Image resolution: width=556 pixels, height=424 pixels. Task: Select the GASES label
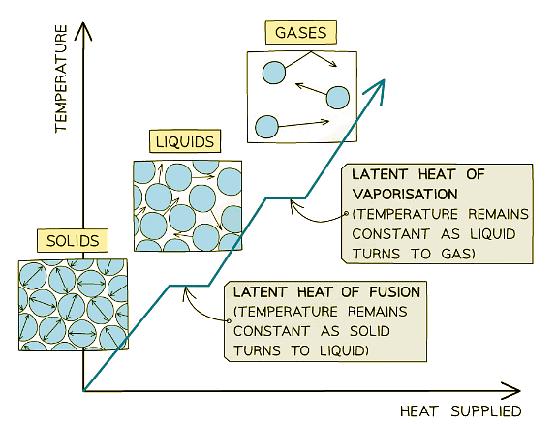(299, 32)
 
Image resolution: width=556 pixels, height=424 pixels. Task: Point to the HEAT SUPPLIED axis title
(460, 410)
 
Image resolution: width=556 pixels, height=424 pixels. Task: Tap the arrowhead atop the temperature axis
(85, 29)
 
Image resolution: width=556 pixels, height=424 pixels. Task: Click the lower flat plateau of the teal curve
(190, 285)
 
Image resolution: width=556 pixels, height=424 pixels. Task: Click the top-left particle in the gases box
(275, 72)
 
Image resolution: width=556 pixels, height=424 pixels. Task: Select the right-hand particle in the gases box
(337, 97)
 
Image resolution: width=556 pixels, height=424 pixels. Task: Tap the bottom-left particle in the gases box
(265, 126)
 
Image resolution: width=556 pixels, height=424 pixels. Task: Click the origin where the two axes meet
(85, 390)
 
